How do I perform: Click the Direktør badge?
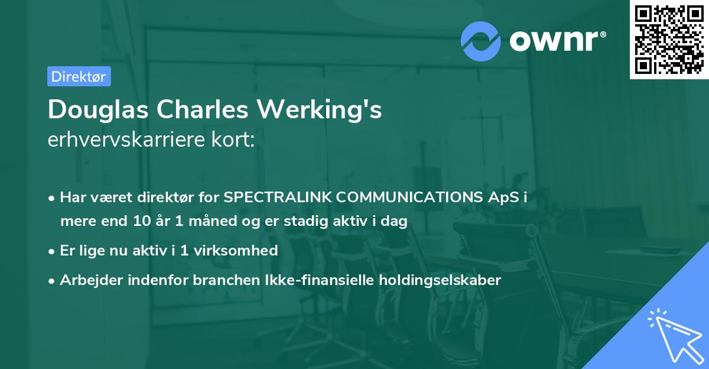coord(79,76)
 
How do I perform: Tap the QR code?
coord(669,40)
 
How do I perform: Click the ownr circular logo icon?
coord(481,41)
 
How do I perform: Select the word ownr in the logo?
coord(557,41)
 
